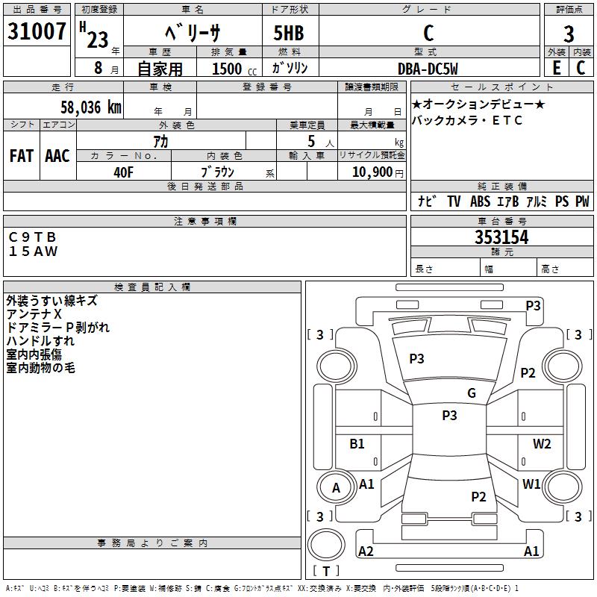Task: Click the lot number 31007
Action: pyautogui.click(x=37, y=31)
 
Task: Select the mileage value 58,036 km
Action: pyautogui.click(x=91, y=107)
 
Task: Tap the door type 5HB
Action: pyautogui.click(x=289, y=33)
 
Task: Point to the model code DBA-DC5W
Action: pyautogui.click(x=428, y=69)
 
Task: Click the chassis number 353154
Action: pyautogui.click(x=501, y=237)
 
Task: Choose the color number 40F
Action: pyautogui.click(x=123, y=172)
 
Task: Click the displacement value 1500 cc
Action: pyautogui.click(x=234, y=69)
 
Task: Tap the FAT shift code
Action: pyautogui.click(x=22, y=156)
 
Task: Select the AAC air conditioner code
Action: pyautogui.click(x=57, y=156)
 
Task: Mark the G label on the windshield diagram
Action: pyautogui.click(x=472, y=393)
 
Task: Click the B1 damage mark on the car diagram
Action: pyautogui.click(x=357, y=443)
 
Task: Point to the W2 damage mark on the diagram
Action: pyautogui.click(x=542, y=443)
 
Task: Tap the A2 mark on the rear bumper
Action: pyautogui.click(x=366, y=551)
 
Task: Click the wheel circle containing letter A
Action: pyautogui.click(x=337, y=487)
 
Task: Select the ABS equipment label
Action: pyautogui.click(x=480, y=201)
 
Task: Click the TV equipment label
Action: pyautogui.click(x=454, y=201)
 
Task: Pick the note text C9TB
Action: pyautogui.click(x=32, y=237)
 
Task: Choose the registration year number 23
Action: pyautogui.click(x=98, y=40)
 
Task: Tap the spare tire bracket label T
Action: pyautogui.click(x=326, y=571)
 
